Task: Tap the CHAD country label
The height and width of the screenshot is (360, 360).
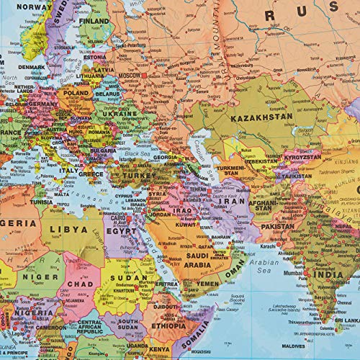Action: (79, 285)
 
